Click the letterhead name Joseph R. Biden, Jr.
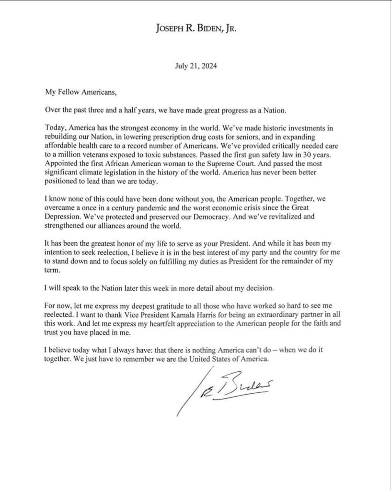tap(196, 28)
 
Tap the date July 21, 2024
tap(196, 67)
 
